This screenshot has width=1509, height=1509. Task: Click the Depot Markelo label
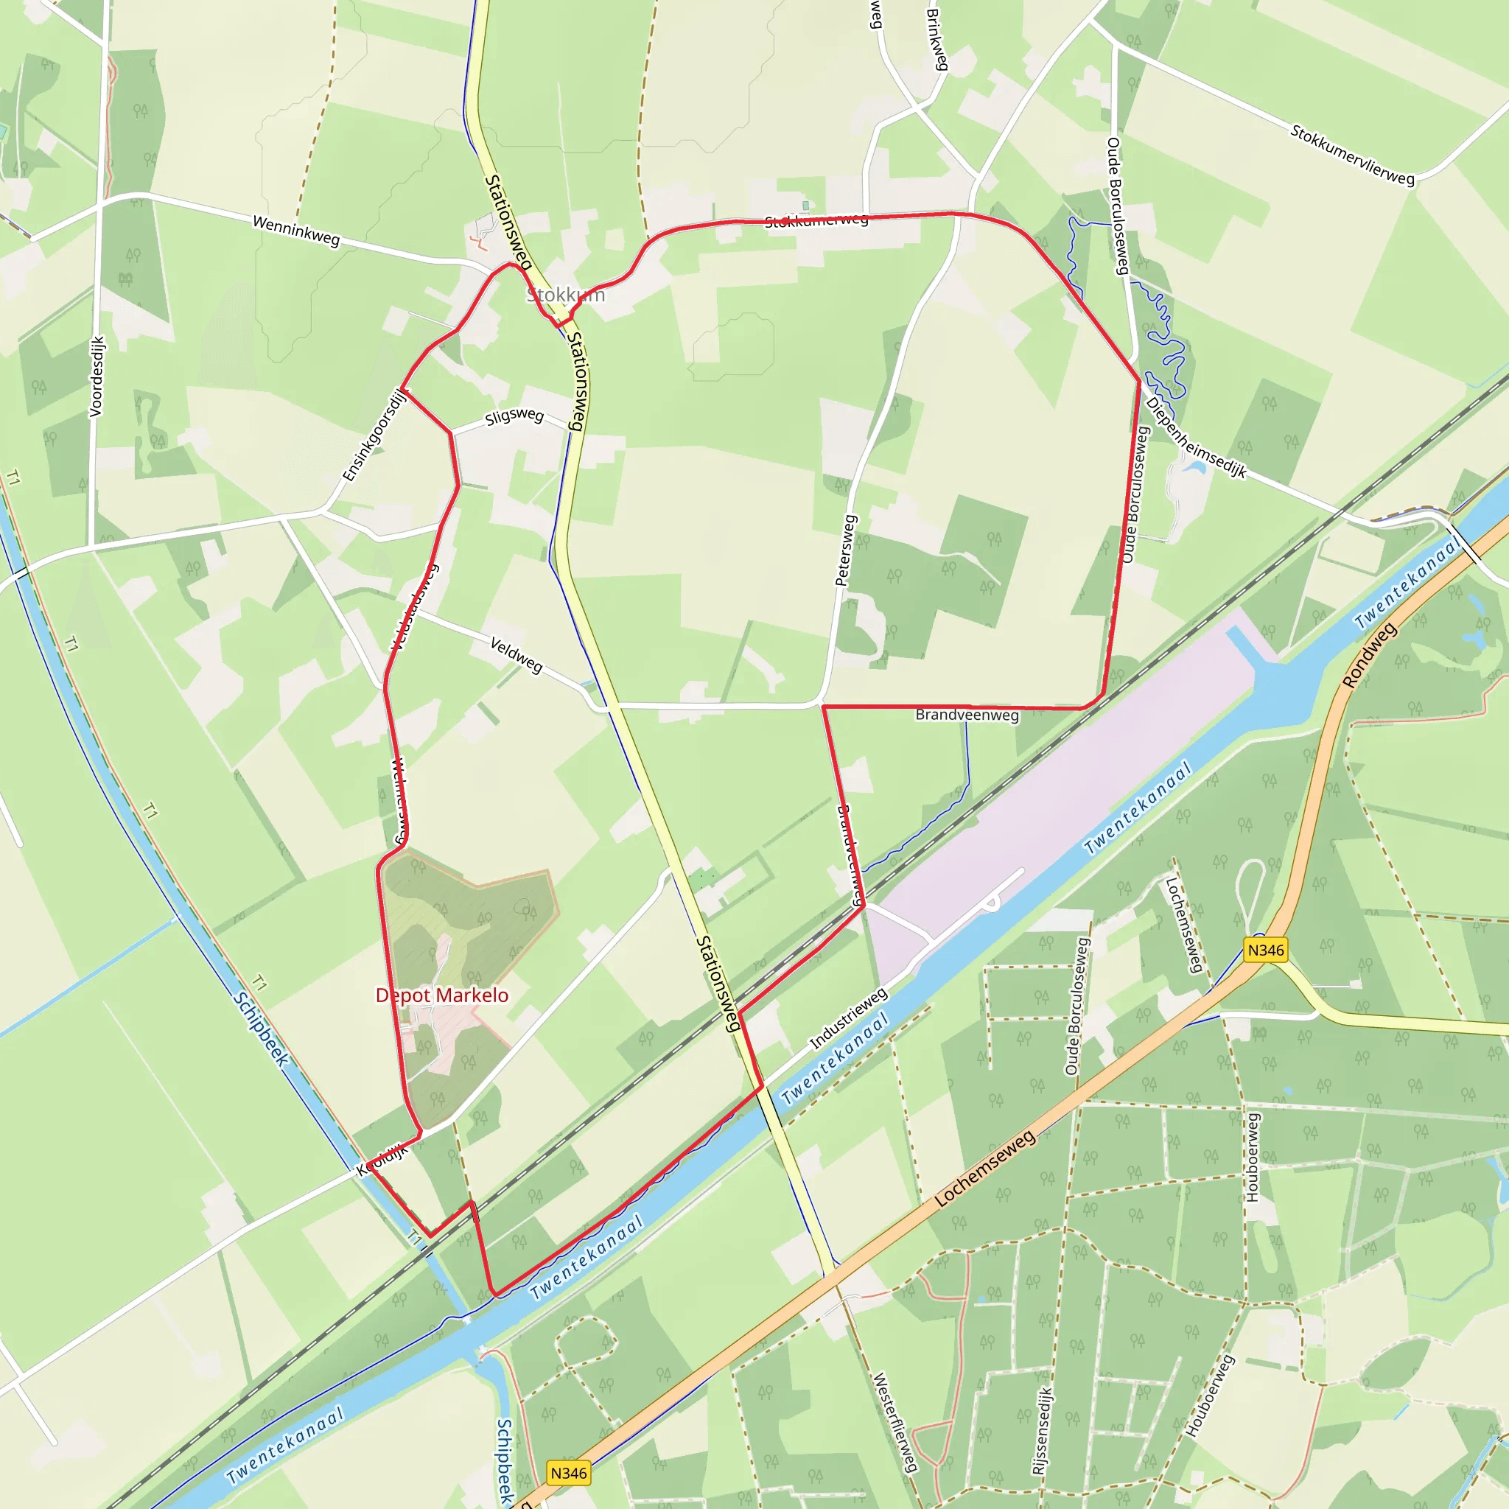(441, 995)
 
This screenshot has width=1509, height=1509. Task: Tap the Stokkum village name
(565, 295)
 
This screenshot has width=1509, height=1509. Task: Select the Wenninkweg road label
(296, 231)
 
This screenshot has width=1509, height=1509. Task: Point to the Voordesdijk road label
(96, 377)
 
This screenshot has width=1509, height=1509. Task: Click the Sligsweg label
(514, 416)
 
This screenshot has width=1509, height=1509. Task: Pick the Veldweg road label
(516, 654)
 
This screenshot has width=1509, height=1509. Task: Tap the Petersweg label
(845, 550)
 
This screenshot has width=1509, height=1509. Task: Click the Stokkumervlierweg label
(1352, 155)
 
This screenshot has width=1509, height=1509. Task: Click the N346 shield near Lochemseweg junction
(1265, 950)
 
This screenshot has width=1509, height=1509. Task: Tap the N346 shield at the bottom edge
(568, 1473)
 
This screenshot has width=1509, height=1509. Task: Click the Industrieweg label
(848, 1018)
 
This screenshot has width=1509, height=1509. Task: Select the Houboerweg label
(1252, 1158)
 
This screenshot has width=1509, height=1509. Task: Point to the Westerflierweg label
(895, 1422)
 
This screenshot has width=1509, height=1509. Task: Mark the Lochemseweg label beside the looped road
(1183, 925)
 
